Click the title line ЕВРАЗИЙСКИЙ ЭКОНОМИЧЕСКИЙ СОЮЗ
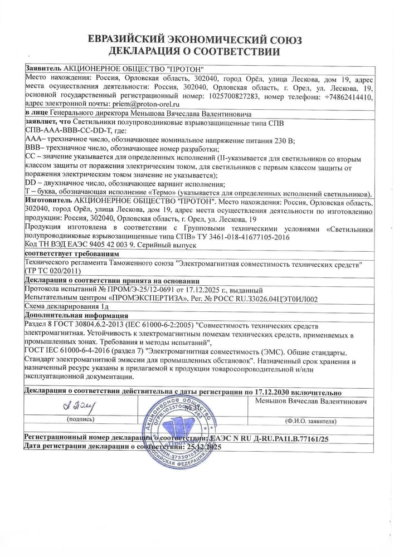coord(197,40)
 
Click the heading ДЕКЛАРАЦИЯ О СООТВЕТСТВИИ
coord(197,52)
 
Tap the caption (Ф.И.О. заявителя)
coord(310,421)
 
